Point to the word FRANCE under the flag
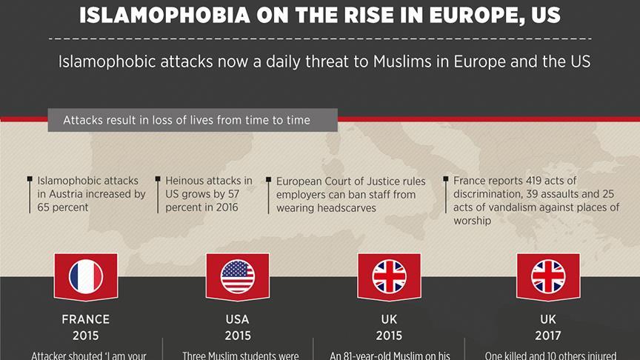(86, 320)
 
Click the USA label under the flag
(237, 320)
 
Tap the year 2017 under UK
(548, 335)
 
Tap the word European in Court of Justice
(300, 181)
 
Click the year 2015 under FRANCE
(86, 335)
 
